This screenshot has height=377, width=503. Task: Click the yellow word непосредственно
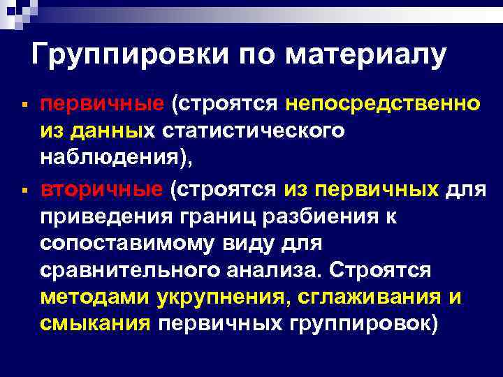pyautogui.click(x=382, y=104)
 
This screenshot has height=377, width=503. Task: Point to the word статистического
pyautogui.click(x=254, y=131)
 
